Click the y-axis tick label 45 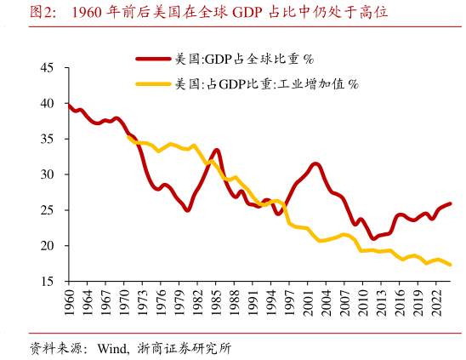click(47, 68)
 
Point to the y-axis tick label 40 click(47, 104)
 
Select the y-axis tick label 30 click(47, 174)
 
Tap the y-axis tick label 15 click(47, 281)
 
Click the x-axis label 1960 click(69, 303)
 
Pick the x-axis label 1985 click(216, 303)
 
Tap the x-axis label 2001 click(311, 303)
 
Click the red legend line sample click(154, 59)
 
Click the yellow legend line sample click(154, 83)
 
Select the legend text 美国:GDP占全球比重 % click(244, 59)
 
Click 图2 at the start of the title click(45, 12)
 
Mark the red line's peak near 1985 click(217, 151)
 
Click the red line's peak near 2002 click(315, 163)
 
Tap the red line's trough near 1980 click(187, 209)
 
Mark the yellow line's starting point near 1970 click(128, 136)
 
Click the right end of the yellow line click(450, 266)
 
